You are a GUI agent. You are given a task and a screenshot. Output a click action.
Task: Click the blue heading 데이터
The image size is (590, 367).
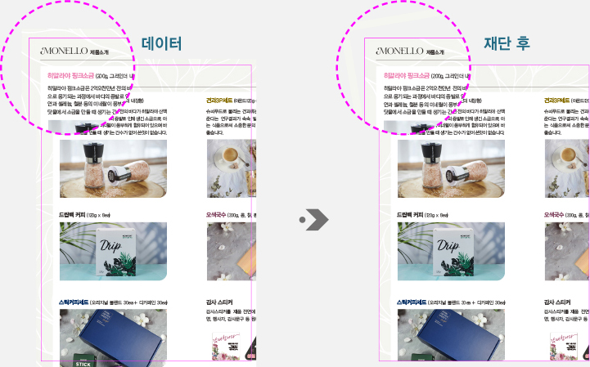[161, 44]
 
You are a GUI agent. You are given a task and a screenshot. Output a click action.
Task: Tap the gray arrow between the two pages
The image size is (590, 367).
[314, 219]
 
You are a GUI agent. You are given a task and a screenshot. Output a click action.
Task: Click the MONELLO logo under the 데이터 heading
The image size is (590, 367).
[65, 51]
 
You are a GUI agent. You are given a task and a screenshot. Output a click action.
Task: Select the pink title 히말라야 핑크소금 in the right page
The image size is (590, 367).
[408, 75]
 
